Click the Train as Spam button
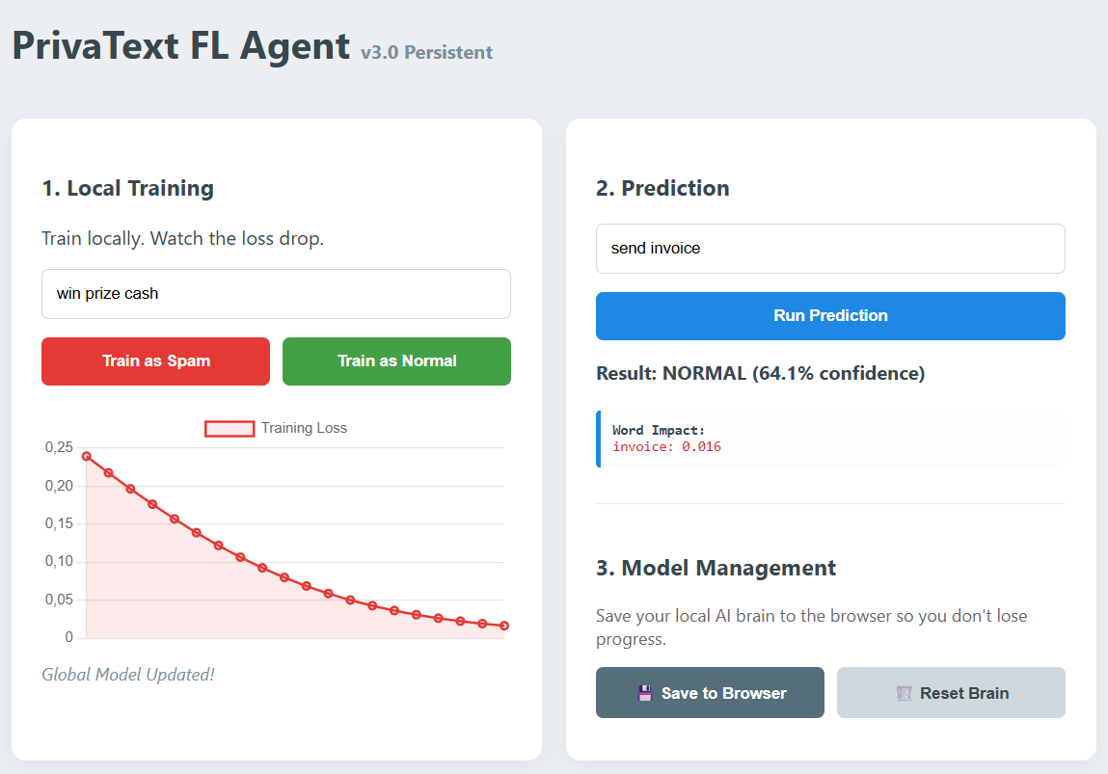(x=155, y=360)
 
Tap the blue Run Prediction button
(x=830, y=316)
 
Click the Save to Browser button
(x=710, y=693)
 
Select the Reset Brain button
(x=951, y=693)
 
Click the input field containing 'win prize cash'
(x=276, y=294)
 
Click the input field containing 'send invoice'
(x=830, y=249)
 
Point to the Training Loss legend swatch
(x=230, y=429)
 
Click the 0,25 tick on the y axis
(x=60, y=447)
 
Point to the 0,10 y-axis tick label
(x=60, y=561)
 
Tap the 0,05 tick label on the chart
(x=60, y=600)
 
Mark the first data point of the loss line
(x=87, y=456)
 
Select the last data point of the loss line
(x=503, y=626)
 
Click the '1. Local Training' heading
(x=128, y=189)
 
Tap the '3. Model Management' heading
(x=716, y=568)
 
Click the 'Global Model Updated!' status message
(x=128, y=675)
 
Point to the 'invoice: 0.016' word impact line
(x=666, y=446)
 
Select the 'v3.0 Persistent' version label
(x=427, y=53)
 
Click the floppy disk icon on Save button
(x=644, y=693)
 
